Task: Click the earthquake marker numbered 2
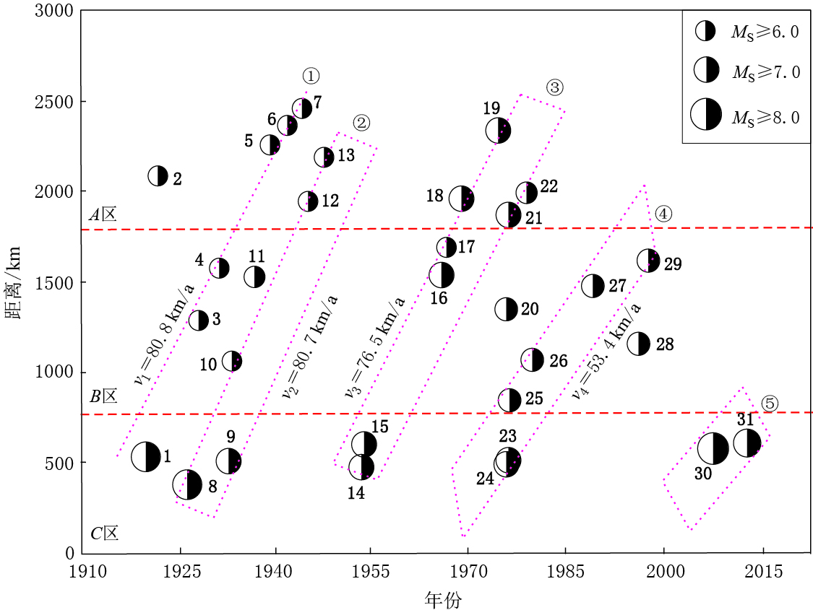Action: (158, 175)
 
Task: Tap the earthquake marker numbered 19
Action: (498, 131)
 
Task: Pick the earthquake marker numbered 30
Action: (713, 448)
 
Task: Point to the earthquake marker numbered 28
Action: (639, 344)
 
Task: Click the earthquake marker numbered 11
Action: (254, 276)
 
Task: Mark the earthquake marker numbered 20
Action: (506, 309)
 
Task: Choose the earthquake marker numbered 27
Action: (593, 286)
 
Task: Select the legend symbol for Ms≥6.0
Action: (705, 31)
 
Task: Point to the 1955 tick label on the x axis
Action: (371, 572)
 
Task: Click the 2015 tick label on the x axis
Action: (762, 572)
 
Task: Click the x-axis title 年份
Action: (444, 598)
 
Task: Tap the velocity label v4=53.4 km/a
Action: (606, 352)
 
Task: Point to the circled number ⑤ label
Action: (770, 404)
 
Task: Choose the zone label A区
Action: (103, 215)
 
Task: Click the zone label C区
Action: (104, 534)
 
